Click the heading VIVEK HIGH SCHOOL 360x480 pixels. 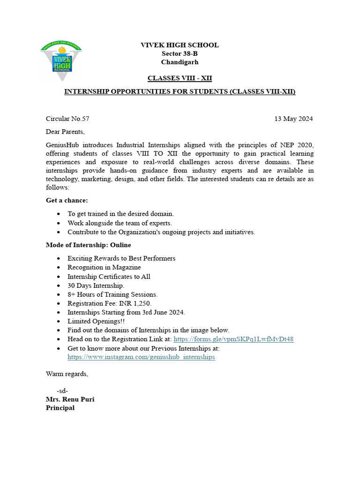(180, 45)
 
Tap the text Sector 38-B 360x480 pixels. (180, 53)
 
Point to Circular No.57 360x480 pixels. (67, 119)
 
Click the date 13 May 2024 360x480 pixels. (293, 119)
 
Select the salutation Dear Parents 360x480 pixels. (65, 131)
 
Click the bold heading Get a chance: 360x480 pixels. (67, 200)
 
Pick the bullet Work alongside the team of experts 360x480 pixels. (120, 223)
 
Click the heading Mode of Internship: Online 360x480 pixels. (88, 245)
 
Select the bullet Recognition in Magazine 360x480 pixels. (104, 267)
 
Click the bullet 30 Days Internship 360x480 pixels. (96, 285)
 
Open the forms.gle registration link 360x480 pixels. (233, 339)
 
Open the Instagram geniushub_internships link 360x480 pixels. (141, 357)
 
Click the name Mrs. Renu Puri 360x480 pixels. (70, 399)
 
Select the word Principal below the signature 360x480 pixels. (60, 408)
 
